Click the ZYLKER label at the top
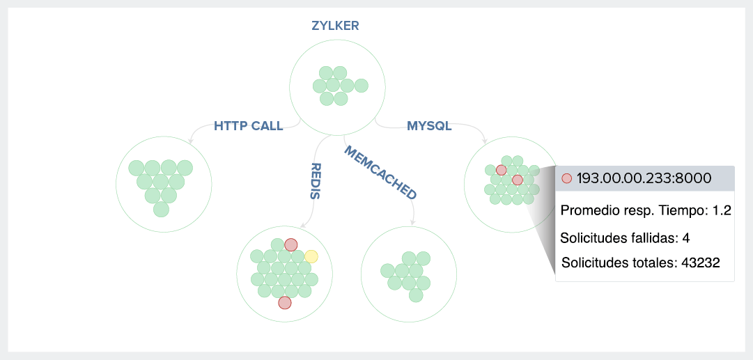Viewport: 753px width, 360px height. [335, 26]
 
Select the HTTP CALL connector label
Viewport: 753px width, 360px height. [248, 126]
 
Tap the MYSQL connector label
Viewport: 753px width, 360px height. [429, 126]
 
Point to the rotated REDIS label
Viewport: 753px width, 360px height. [315, 180]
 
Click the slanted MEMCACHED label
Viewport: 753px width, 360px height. [380, 174]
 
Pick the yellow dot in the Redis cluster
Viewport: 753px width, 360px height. [311, 256]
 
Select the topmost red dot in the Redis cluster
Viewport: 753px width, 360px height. [291, 244]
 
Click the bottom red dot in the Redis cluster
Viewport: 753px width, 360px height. [284, 303]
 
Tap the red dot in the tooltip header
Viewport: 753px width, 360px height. [567, 178]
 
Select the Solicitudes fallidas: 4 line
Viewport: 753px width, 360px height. [625, 238]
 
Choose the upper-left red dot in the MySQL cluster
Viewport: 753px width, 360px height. [501, 170]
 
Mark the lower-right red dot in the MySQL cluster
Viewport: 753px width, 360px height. [517, 180]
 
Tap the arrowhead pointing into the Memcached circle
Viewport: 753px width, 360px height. [413, 223]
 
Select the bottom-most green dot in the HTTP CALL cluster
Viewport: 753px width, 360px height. [161, 209]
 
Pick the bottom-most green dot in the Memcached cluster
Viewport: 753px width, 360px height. [416, 295]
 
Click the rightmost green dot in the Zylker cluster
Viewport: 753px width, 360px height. [361, 86]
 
